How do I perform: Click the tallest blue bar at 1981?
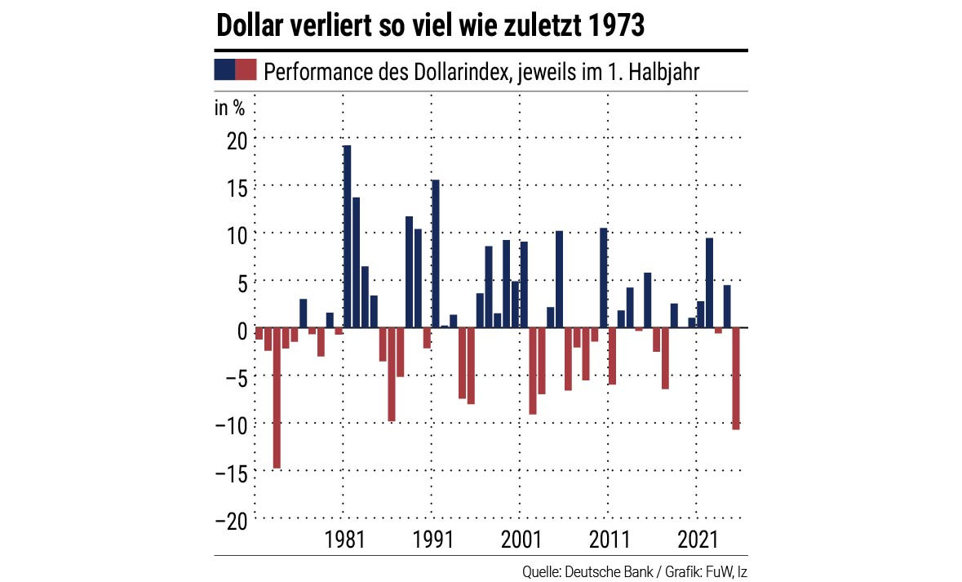click(347, 237)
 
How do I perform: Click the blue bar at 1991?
click(436, 253)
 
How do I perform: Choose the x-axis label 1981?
click(344, 540)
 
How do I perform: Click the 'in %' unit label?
click(229, 109)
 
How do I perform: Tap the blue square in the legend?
click(224, 69)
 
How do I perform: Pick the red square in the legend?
click(246, 69)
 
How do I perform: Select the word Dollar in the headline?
click(248, 26)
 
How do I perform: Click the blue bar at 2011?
click(604, 278)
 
